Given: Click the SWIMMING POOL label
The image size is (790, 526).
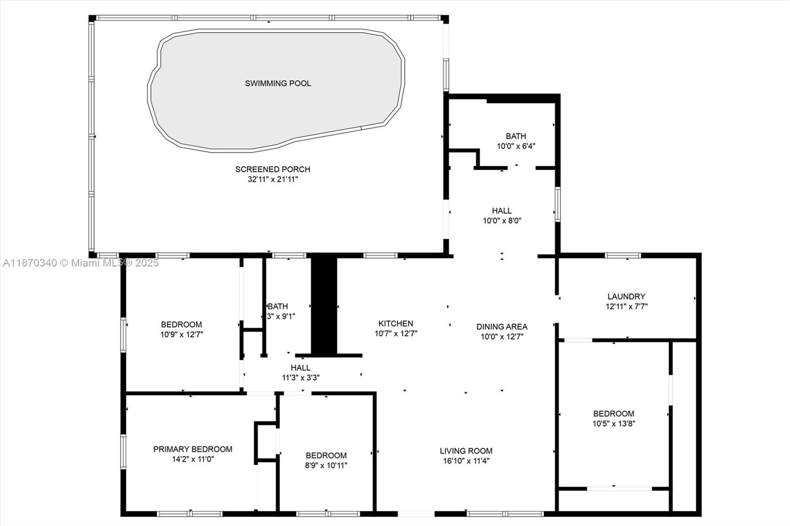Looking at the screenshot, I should pyautogui.click(x=278, y=83).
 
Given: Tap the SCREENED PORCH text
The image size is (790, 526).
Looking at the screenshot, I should pyautogui.click(x=273, y=169).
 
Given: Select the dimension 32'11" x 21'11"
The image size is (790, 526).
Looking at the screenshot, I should pyautogui.click(x=273, y=180).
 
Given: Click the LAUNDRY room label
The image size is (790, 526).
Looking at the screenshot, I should pyautogui.click(x=626, y=297).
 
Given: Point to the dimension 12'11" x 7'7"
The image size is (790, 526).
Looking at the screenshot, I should pyautogui.click(x=626, y=306).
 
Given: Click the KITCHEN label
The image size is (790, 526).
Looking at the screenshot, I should pyautogui.click(x=395, y=324).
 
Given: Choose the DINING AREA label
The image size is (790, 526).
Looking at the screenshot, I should pyautogui.click(x=502, y=327).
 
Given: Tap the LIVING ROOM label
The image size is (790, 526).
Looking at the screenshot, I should pyautogui.click(x=466, y=451).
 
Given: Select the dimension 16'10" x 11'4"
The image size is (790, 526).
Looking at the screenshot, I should pyautogui.click(x=466, y=461).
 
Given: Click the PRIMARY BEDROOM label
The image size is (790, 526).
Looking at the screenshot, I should pyautogui.click(x=193, y=450).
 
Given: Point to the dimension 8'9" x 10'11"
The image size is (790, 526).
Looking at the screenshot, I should pyautogui.click(x=326, y=465).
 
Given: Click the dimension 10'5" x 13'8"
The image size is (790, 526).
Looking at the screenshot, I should pyautogui.click(x=614, y=423).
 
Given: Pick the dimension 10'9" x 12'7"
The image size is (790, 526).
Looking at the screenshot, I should pyautogui.click(x=181, y=335).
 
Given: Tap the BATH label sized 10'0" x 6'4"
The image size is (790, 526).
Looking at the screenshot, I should pyautogui.click(x=515, y=136).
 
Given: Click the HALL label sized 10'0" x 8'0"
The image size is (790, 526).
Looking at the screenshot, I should pyautogui.click(x=502, y=211).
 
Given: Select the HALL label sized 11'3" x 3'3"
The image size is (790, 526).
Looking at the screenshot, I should pyautogui.click(x=300, y=368).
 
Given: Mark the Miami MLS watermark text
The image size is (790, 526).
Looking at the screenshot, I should pyautogui.click(x=81, y=263).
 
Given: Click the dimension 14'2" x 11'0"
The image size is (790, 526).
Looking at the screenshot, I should pyautogui.click(x=193, y=459).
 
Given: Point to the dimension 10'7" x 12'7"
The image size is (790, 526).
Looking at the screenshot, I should pyautogui.click(x=395, y=334).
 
